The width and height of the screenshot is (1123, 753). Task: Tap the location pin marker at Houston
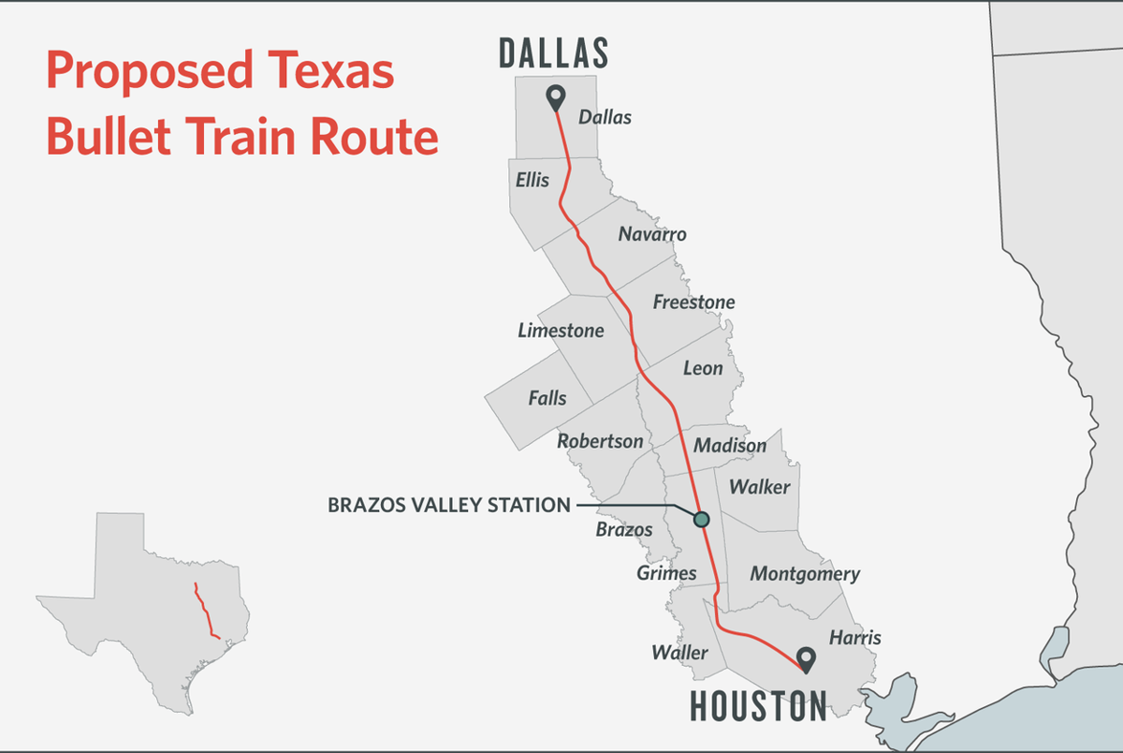[x=804, y=659]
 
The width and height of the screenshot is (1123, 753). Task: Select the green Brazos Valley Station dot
[x=701, y=519]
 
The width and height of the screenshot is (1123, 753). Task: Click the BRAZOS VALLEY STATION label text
[x=448, y=506]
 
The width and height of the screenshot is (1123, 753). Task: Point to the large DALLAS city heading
[x=554, y=53]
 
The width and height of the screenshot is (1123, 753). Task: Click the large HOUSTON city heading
[x=759, y=705]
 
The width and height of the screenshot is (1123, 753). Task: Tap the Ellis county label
[x=532, y=179]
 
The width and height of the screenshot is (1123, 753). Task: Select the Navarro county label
[x=652, y=234]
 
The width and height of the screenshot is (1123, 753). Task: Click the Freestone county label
[x=693, y=302]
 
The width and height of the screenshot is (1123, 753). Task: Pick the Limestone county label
[x=561, y=331]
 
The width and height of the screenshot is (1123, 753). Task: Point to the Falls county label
[x=547, y=398]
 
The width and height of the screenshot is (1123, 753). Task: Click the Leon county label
[x=703, y=368]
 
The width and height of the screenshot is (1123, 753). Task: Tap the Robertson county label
[x=600, y=441]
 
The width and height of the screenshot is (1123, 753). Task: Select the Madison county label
[x=730, y=446]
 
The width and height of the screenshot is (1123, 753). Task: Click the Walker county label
[x=759, y=487]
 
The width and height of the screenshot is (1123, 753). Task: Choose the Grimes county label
[x=666, y=572]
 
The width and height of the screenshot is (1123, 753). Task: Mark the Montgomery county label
[x=805, y=574]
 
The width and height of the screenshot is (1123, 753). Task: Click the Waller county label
[x=680, y=652]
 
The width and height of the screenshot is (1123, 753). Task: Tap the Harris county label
[x=854, y=638]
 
